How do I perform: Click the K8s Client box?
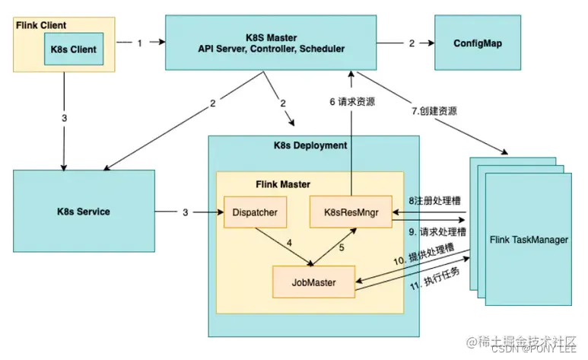[x=75, y=48]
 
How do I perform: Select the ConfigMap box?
[x=477, y=43]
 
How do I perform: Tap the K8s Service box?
[x=84, y=211]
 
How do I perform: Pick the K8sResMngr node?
[x=350, y=211]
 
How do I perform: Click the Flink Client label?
[x=39, y=24]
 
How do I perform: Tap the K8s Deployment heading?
[x=310, y=145]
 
